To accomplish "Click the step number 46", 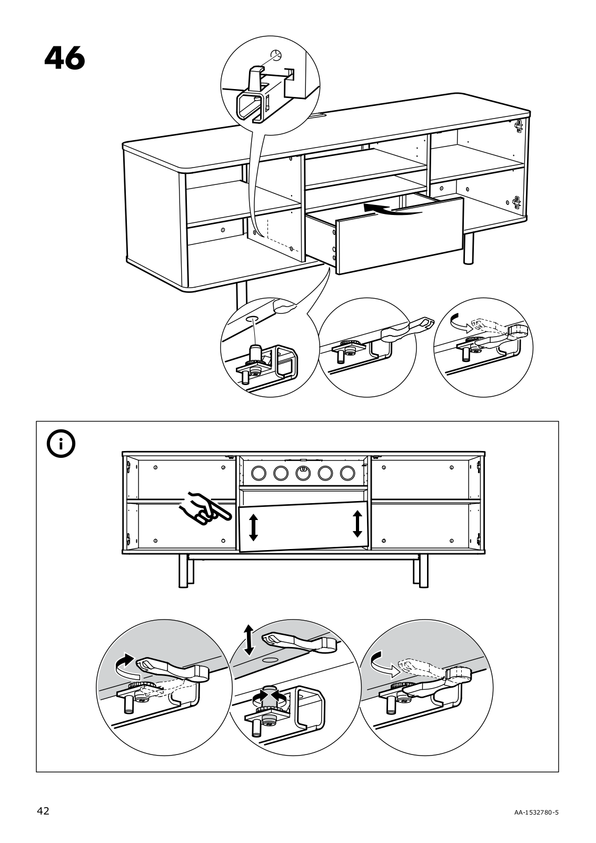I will pyautogui.click(x=64, y=58).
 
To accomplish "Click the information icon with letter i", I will pyautogui.click(x=61, y=445).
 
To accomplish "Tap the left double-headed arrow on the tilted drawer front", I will pyautogui.click(x=253, y=527).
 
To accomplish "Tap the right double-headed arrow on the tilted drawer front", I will pyautogui.click(x=357, y=523).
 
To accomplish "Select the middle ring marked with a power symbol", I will pyautogui.click(x=303, y=473).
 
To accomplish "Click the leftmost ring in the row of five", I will pyautogui.click(x=259, y=473).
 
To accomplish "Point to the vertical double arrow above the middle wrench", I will pyautogui.click(x=249, y=639).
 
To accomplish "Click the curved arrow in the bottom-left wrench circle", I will pyautogui.click(x=124, y=667).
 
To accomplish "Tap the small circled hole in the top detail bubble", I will pyautogui.click(x=275, y=54).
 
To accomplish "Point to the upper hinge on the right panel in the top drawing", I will pyautogui.click(x=519, y=125).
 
